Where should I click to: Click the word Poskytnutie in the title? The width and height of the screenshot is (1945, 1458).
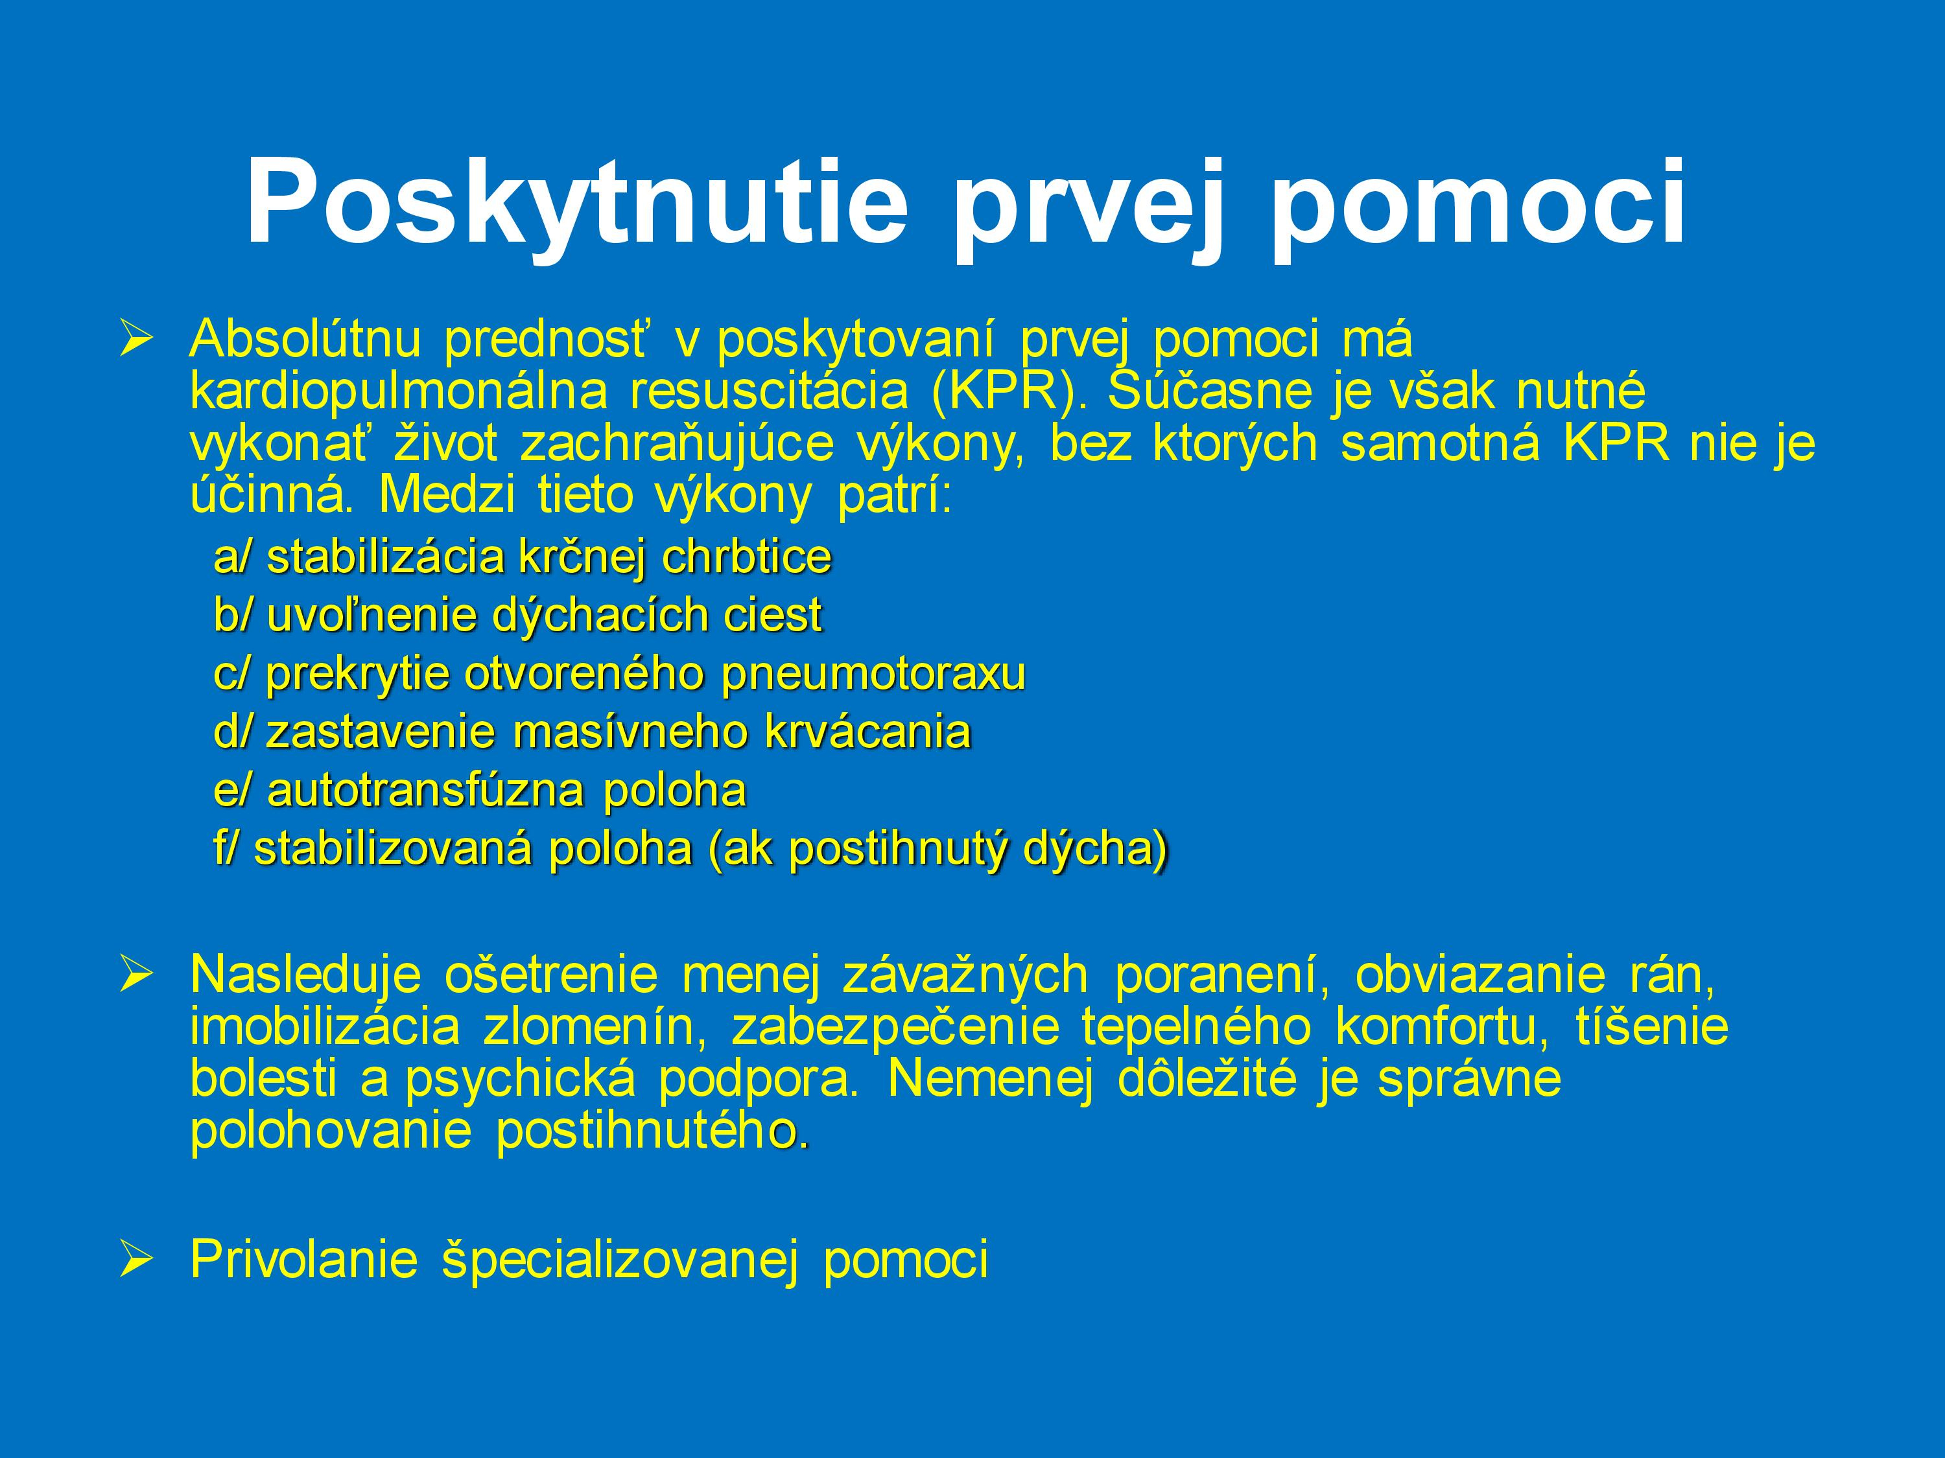click(576, 204)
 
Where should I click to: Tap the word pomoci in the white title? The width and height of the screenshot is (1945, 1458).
click(1476, 204)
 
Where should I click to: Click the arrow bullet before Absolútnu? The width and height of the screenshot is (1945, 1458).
click(138, 340)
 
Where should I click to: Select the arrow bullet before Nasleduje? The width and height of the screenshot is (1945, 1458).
click(138, 975)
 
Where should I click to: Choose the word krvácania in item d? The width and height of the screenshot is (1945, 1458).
click(868, 732)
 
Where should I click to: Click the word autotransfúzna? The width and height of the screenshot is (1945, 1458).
click(425, 791)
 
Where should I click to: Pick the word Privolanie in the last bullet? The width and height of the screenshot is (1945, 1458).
click(303, 1259)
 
